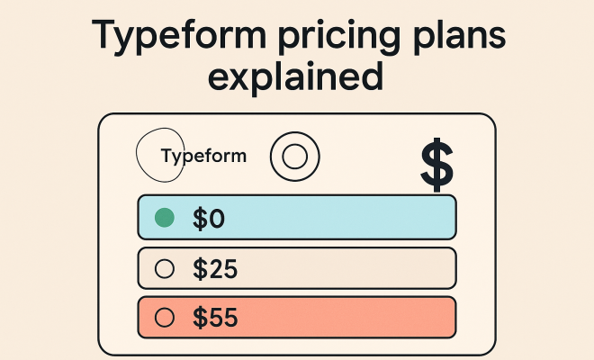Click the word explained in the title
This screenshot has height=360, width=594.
pyautogui.click(x=296, y=76)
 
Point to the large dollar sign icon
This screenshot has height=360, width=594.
pyautogui.click(x=436, y=165)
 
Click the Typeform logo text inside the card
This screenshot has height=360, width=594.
pyautogui.click(x=203, y=156)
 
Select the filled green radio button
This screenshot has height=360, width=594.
pyautogui.click(x=165, y=218)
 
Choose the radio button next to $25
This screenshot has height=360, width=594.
pyautogui.click(x=165, y=269)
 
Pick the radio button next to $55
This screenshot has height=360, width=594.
pyautogui.click(x=165, y=317)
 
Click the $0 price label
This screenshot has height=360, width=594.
pyautogui.click(x=209, y=219)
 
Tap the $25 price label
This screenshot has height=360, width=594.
pyautogui.click(x=215, y=269)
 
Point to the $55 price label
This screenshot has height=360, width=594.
pyautogui.click(x=215, y=318)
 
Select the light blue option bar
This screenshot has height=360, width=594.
pyautogui.click(x=297, y=218)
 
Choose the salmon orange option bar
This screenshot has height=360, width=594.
pyautogui.click(x=297, y=318)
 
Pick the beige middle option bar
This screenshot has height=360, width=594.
pyautogui.click(x=297, y=268)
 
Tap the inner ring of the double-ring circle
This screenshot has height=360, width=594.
pyautogui.click(x=283, y=157)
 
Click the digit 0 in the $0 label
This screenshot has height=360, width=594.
pyautogui.click(x=217, y=219)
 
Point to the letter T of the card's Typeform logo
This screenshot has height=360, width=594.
pyautogui.click(x=166, y=155)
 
